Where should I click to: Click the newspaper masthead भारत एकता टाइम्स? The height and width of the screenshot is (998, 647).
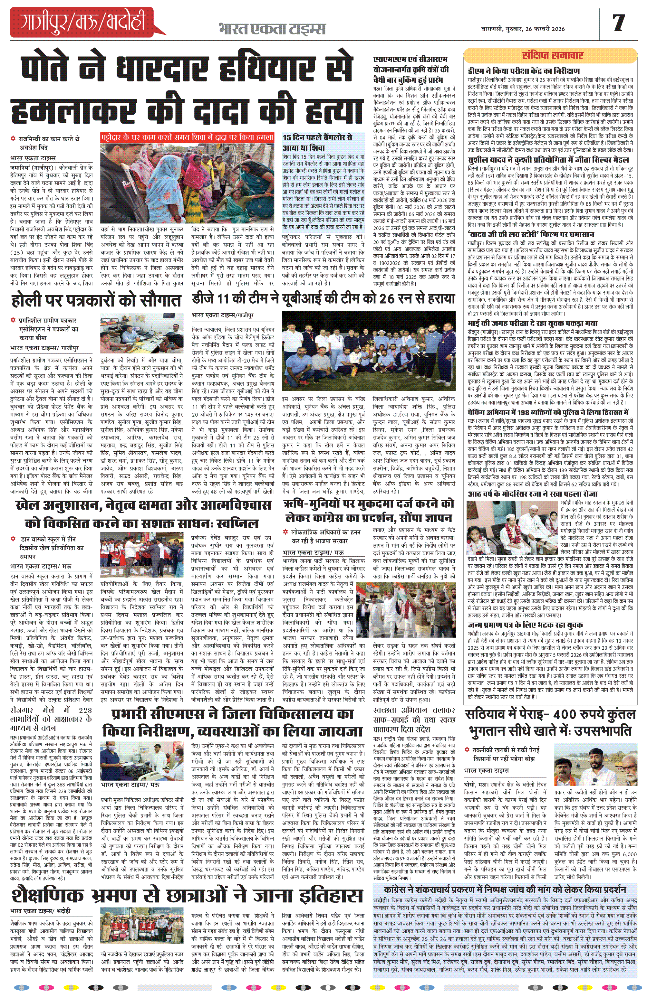tap(272, 29)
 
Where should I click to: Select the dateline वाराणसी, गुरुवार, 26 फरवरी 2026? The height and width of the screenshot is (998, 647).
tap(522, 29)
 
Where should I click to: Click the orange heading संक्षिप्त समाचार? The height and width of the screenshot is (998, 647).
tap(552, 55)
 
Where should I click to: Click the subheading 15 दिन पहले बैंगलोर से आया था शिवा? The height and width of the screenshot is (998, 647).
tap(318, 143)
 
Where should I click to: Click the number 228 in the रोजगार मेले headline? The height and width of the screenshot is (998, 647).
tap(85, 710)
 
